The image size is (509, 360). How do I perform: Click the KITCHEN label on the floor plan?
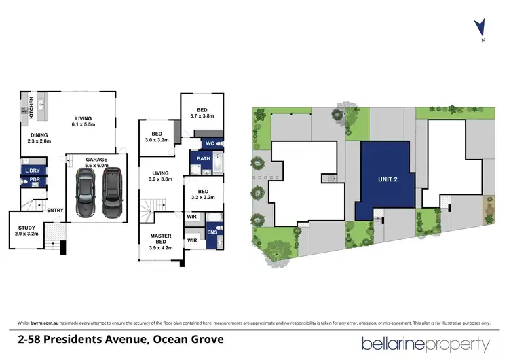31,109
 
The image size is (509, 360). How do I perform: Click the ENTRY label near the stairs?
55,210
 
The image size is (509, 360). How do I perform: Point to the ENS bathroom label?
212,232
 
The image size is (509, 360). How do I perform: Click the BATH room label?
204,159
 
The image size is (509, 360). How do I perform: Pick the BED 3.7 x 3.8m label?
202,113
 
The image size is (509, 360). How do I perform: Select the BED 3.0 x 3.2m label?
157,137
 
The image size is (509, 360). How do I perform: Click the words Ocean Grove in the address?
191,338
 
